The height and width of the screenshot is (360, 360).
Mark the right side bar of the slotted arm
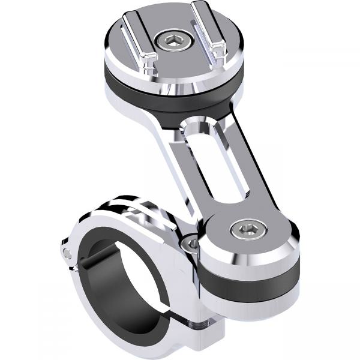pos(240,162)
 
